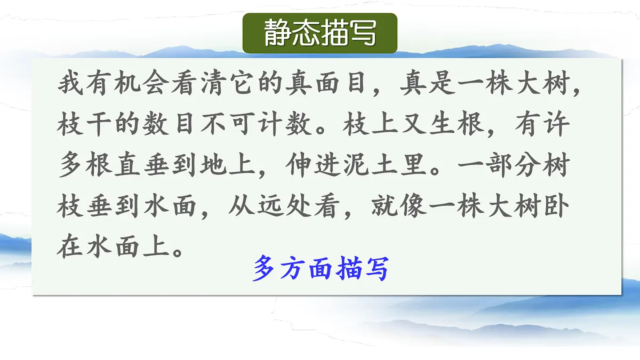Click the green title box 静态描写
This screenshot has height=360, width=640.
(320, 33)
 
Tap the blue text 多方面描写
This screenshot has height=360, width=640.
(320, 268)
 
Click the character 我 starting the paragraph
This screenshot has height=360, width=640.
(70, 84)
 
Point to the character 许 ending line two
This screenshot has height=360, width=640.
(555, 125)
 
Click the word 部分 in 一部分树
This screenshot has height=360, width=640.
(498, 166)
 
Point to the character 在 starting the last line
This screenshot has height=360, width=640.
(70, 247)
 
